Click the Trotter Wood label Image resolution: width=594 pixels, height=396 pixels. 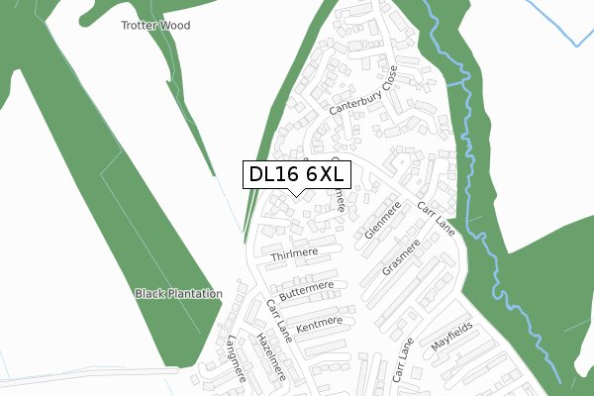click(x=154, y=25)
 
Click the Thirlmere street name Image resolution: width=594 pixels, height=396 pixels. click(x=293, y=253)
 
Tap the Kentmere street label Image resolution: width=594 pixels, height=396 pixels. click(x=318, y=322)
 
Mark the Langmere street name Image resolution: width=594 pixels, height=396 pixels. click(x=235, y=354)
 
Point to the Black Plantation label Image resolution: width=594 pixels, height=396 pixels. click(x=178, y=294)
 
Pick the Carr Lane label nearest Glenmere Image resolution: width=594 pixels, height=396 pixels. click(x=436, y=216)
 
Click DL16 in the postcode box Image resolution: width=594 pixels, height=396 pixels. click(x=271, y=175)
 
